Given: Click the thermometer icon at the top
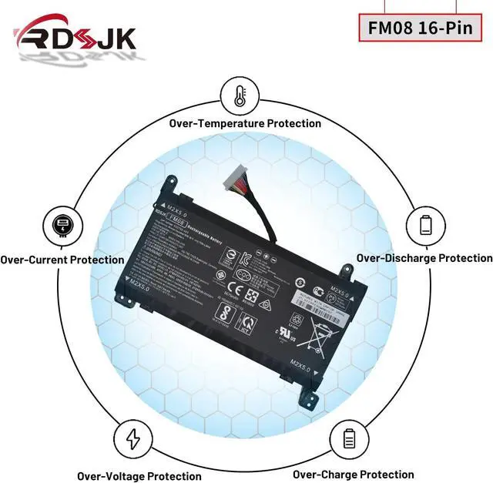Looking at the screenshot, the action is point(239,95).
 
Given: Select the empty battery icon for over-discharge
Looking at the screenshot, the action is point(426,226).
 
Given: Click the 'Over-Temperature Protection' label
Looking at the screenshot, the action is point(245,123).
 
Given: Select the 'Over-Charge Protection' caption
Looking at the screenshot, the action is point(353,475).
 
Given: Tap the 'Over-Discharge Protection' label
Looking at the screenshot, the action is point(424,258).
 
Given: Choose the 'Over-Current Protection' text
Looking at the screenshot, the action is point(62,260).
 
